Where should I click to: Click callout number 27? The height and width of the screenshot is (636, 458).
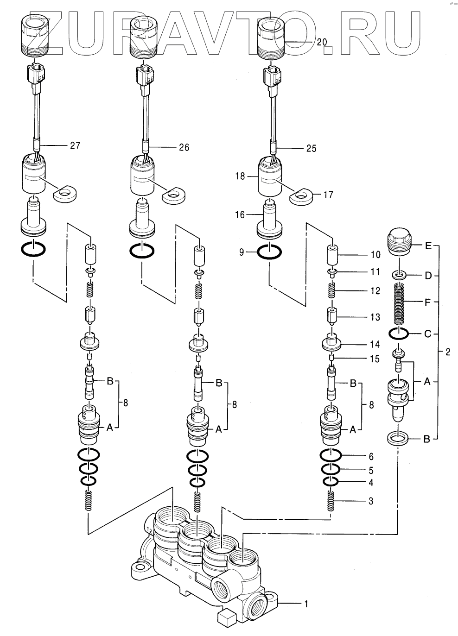coord(75,146)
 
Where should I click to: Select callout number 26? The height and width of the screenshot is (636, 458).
coord(184,148)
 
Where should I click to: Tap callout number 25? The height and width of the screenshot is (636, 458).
coord(312,149)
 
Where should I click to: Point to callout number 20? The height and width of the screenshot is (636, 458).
coord(322,43)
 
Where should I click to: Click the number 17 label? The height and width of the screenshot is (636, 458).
coord(328,195)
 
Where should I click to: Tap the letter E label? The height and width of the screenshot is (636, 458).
coord(428,246)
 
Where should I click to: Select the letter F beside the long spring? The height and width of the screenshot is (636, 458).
coord(427,302)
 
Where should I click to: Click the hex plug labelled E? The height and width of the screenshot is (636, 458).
coord(400,242)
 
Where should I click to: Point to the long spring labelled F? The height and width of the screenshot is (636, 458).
coord(400,305)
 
